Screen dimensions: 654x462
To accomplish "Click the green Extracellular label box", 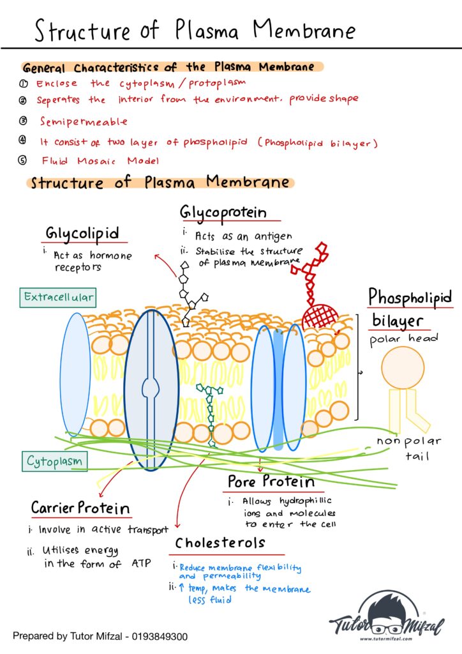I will click(57, 297).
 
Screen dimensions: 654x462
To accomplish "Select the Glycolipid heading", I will click(82, 234).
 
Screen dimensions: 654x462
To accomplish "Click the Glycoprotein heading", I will click(223, 212).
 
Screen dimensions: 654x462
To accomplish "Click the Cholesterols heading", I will click(220, 543).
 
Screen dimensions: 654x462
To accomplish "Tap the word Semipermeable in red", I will click(84, 121).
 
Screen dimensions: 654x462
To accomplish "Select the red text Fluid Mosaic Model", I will click(100, 161).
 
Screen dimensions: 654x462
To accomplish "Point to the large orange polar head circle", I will click(403, 367).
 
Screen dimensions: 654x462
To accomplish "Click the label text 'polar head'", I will click(404, 338).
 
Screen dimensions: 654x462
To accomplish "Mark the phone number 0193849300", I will click(158, 637).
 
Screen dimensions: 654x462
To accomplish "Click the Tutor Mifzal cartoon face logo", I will click(381, 609).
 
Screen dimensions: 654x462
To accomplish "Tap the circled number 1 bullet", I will click(23, 84).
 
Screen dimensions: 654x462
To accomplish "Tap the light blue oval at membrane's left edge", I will click(76, 374).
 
